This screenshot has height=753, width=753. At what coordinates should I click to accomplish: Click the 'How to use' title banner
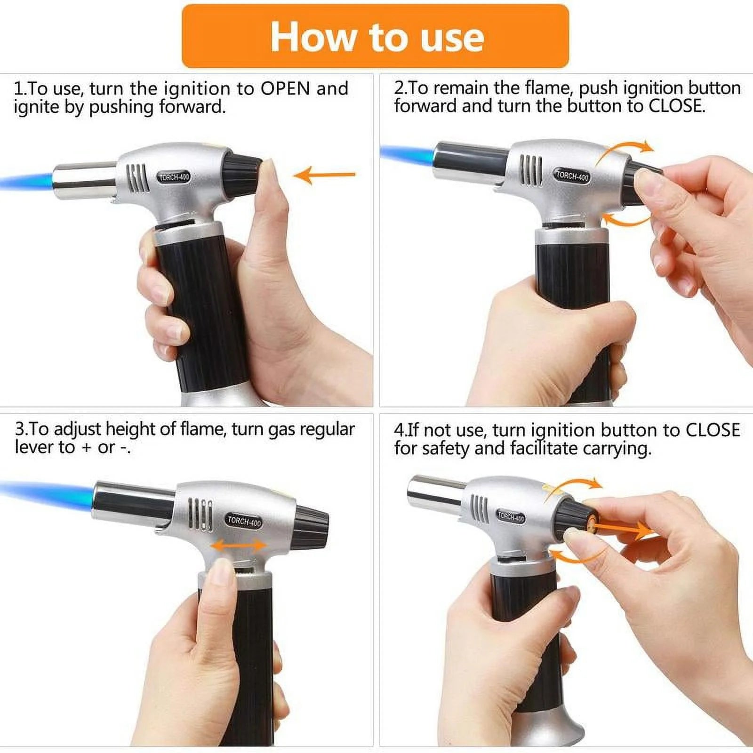375,36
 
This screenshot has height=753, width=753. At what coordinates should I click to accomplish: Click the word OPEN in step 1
285,88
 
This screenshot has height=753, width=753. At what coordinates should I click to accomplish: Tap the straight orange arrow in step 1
325,175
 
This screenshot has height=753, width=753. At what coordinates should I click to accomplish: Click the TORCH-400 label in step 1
174,177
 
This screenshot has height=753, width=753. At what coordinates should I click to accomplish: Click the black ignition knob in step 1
241,172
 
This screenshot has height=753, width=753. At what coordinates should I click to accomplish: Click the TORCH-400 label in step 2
572,176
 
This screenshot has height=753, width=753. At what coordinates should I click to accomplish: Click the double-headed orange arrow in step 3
239,545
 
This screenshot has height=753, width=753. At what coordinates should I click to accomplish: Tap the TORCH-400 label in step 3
244,521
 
